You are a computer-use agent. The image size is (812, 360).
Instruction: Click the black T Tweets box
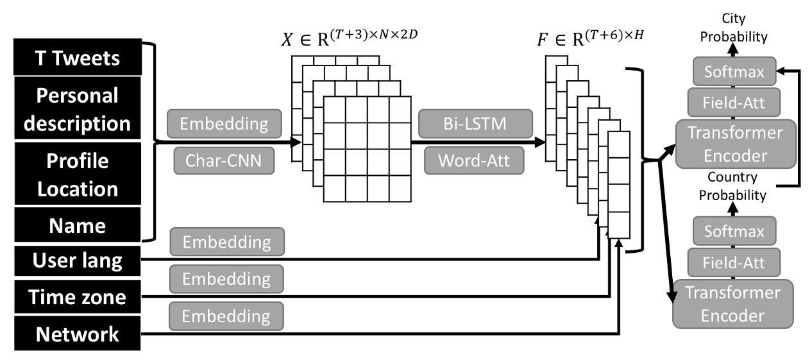76,58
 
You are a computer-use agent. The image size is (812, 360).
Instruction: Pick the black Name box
76,226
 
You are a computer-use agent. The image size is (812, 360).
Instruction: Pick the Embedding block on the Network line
227,316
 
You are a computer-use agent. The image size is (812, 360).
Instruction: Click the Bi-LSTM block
474,123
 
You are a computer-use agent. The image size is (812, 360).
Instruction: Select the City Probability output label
733,28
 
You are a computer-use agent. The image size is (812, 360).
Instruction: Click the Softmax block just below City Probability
733,72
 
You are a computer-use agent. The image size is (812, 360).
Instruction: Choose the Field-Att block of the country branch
733,261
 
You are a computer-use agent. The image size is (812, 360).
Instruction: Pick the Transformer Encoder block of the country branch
733,304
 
